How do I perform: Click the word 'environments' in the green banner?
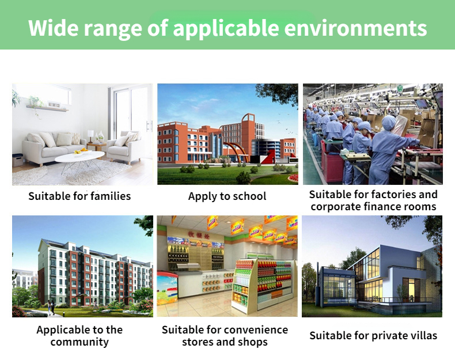[x=355, y=28]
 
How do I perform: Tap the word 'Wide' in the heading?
[x=54, y=28]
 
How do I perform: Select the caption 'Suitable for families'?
[x=79, y=196]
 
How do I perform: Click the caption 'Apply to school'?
[x=227, y=196]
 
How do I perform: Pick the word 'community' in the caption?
[x=79, y=342]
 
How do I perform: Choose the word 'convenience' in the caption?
[x=256, y=330]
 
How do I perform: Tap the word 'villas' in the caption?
[x=423, y=336]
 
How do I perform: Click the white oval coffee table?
[x=79, y=157]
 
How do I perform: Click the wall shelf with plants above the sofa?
[x=47, y=108]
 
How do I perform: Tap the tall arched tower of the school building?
[x=248, y=137]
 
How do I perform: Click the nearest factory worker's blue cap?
[x=389, y=123]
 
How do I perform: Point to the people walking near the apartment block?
[x=51, y=308]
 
